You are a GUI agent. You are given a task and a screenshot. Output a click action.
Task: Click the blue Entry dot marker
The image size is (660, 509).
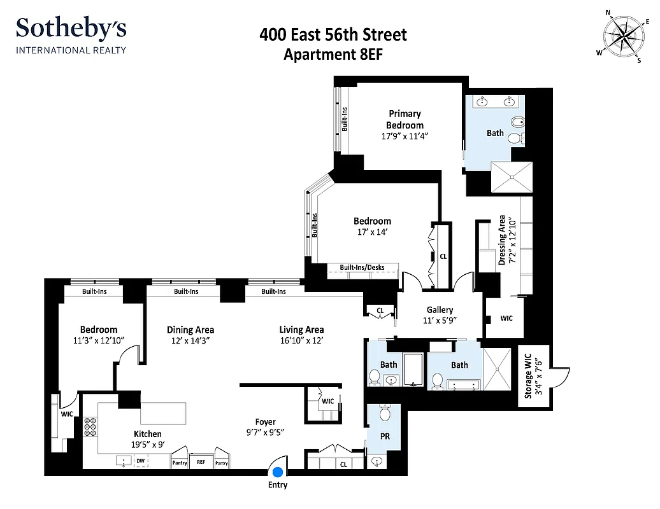click(278, 472)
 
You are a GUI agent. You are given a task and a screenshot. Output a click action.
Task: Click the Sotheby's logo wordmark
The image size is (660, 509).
click(71, 29)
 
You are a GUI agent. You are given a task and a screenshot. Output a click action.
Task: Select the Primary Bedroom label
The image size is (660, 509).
click(405, 119)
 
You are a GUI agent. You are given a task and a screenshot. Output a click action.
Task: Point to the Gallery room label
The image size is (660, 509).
click(440, 310)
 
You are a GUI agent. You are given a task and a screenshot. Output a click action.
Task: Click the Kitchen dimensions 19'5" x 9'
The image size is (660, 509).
click(147, 444)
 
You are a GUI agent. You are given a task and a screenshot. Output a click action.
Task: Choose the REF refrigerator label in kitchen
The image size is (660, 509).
click(201, 463)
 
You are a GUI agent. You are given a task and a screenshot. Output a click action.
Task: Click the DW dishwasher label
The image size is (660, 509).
click(140, 461)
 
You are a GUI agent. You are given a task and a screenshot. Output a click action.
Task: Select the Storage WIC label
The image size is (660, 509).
click(527, 379)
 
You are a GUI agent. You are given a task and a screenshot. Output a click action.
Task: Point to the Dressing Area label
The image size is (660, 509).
click(502, 239)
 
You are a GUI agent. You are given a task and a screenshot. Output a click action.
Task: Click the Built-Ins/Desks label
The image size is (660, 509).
click(362, 268)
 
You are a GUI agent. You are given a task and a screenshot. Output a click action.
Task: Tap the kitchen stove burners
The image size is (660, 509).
click(90, 426)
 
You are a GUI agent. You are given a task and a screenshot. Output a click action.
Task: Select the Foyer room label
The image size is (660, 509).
click(265, 422)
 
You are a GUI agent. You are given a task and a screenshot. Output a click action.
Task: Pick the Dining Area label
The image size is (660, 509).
click(190, 330)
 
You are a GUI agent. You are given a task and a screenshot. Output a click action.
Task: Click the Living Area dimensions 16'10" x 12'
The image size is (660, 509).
click(301, 340)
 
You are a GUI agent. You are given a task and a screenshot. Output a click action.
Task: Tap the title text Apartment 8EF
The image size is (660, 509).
click(333, 55)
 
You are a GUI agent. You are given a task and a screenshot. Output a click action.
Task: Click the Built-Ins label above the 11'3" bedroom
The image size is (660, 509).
click(94, 291)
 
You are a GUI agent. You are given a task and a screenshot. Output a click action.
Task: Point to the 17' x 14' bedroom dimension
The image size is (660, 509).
click(372, 232)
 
